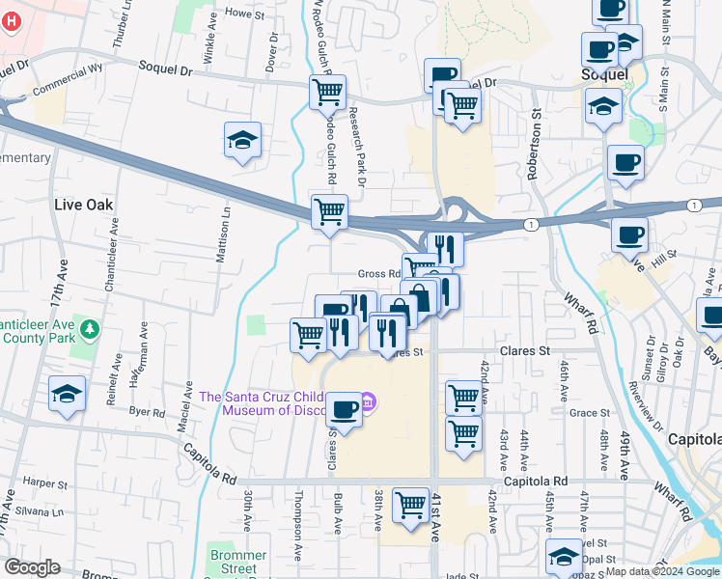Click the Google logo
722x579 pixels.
click(x=32, y=567)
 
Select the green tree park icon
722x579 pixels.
click(x=90, y=330)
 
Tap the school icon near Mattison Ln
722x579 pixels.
click(x=242, y=140)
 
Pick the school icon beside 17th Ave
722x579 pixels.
click(x=67, y=394)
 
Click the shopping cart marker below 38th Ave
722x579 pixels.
click(x=411, y=504)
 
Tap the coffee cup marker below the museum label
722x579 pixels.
click(x=344, y=409)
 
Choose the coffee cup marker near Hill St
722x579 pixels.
click(x=629, y=234)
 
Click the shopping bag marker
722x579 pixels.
click(x=419, y=297)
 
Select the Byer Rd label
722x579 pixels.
click(x=148, y=410)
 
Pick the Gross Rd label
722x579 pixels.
click(x=378, y=274)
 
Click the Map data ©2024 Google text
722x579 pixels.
click(x=661, y=571)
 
